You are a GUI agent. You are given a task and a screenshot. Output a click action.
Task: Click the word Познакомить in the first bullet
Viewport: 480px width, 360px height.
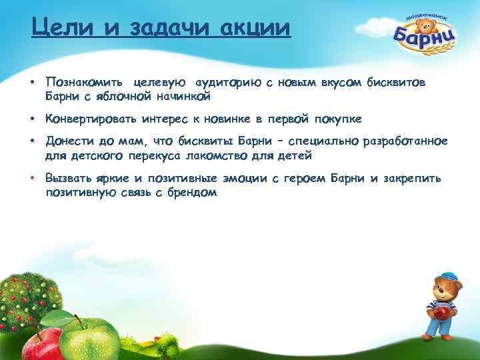[x=83, y=82]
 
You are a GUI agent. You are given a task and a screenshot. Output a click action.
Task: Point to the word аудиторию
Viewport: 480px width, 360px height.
[x=226, y=82]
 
